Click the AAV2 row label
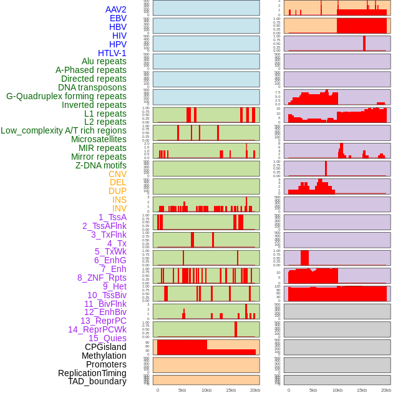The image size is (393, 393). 116,9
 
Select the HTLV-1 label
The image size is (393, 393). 112,53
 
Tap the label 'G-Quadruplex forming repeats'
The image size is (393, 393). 66,96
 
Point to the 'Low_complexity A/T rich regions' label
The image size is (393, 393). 64,130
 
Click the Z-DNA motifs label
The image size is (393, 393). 101,165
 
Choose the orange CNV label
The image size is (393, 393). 117,174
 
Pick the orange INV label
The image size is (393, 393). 119,208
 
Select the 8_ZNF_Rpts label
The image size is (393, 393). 102,278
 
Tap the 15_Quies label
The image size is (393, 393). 107,338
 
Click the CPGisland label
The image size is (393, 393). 105,347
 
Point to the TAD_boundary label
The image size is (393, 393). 97,381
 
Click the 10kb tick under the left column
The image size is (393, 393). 206,390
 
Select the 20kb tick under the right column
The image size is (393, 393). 386,390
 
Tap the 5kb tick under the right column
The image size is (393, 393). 313,390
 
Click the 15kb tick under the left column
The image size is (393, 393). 231,390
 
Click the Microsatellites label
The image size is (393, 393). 99,139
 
